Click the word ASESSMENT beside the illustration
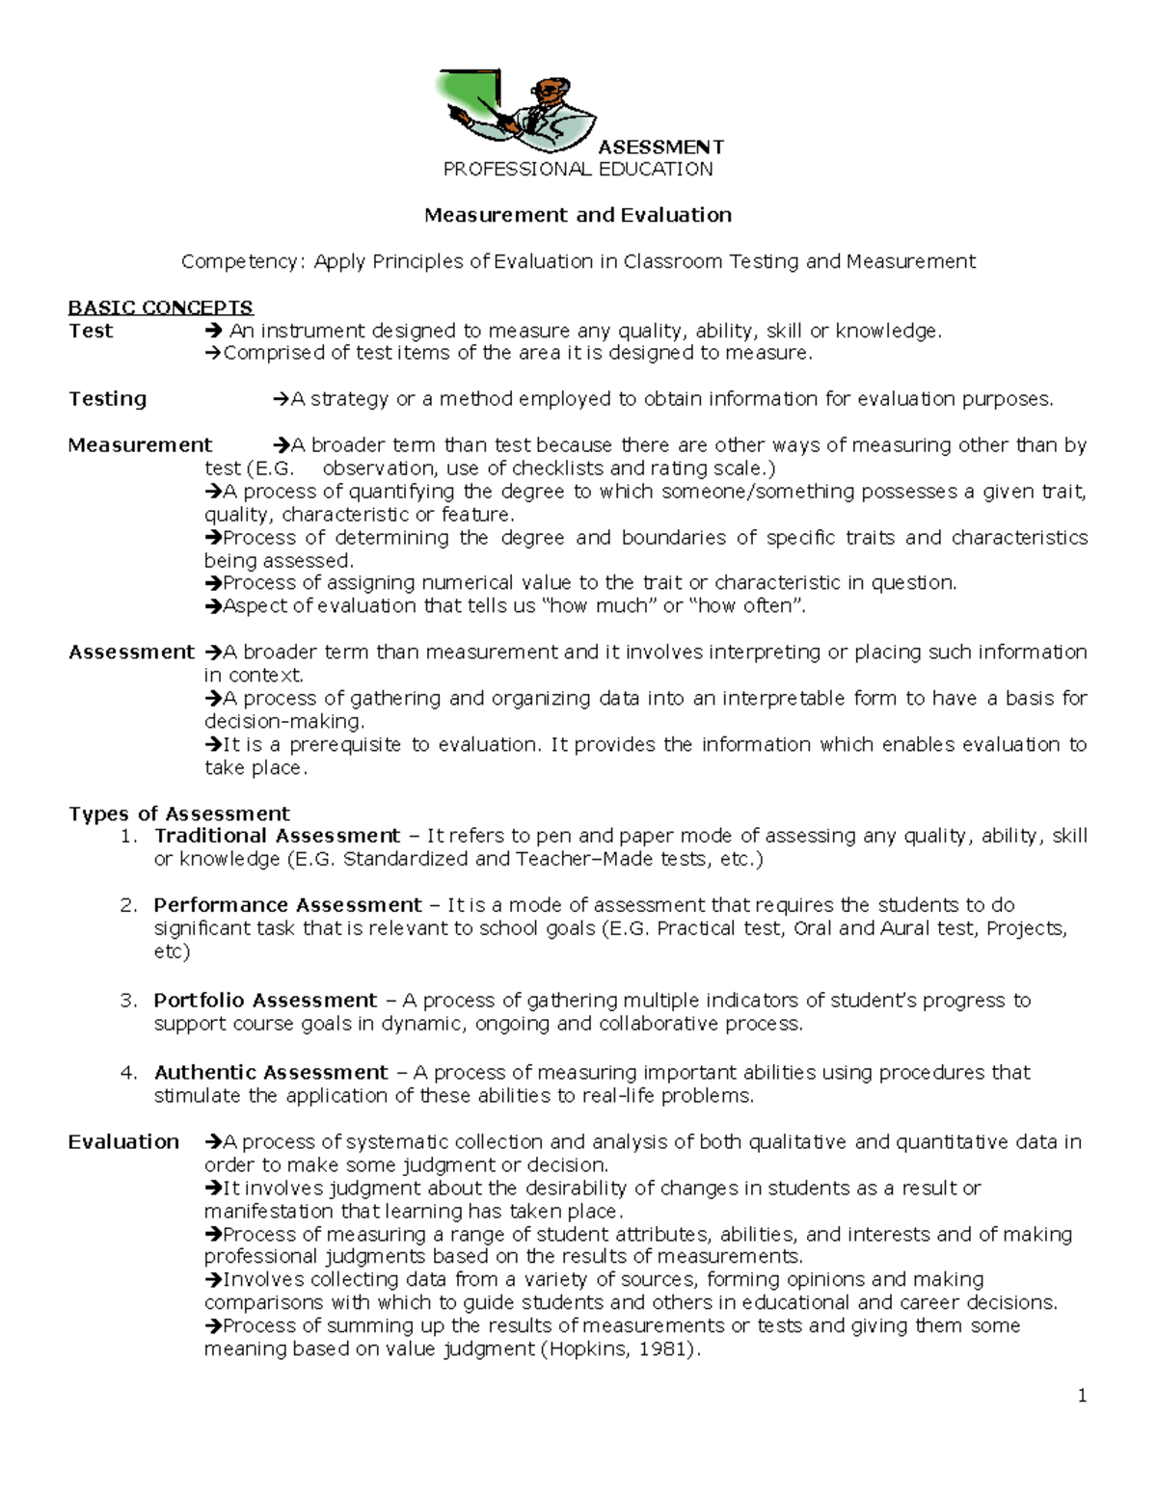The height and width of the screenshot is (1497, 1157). pos(660,147)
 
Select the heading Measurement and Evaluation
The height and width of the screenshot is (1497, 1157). pos(578,215)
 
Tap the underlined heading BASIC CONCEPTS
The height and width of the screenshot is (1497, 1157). pos(160,307)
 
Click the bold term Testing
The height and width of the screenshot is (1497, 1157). pos(107,399)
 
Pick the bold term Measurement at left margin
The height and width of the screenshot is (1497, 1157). pos(140,445)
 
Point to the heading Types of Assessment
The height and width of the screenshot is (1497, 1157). pos(178,814)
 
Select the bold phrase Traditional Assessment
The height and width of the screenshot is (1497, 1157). pos(277,836)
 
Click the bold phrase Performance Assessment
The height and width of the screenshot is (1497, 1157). pos(287,905)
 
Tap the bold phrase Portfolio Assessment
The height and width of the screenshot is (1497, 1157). pos(265,1001)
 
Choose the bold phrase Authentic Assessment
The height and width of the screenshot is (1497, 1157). pos(271,1073)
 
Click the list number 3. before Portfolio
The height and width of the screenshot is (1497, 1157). pos(129,1001)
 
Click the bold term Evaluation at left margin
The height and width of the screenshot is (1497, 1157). pos(123,1142)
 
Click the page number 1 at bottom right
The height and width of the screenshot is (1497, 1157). pos(1082,1396)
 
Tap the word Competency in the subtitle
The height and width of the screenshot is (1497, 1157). pos(242,262)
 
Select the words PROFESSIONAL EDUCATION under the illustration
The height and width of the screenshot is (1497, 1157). pos(578,170)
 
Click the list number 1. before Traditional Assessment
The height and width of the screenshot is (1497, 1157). pos(129,836)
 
